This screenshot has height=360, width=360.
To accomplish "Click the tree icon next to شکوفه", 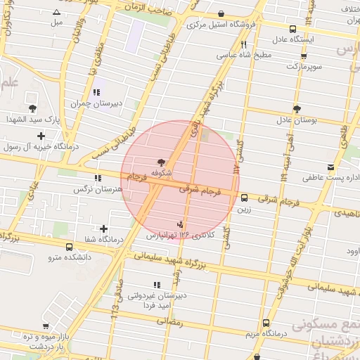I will coord(163,161).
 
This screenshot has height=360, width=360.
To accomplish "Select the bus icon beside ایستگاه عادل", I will coord(292,29).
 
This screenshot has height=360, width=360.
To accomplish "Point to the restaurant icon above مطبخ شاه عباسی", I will coord(243,44).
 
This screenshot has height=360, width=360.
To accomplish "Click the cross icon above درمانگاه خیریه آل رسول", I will coord(41,136).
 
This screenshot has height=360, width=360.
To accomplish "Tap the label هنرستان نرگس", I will coord(97,189).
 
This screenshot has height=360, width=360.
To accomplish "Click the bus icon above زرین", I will coord(244,198).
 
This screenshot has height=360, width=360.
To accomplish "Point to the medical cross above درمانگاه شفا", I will coord(104,229).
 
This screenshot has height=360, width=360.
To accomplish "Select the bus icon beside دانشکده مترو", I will coord(68,247).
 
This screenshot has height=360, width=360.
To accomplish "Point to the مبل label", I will coord(56,22).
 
